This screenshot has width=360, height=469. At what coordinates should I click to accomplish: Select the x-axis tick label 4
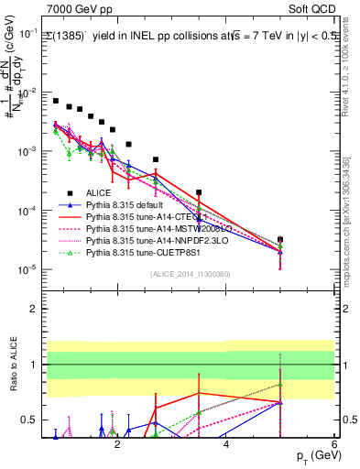(226, 445)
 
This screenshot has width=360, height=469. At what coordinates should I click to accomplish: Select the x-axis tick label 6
(334, 445)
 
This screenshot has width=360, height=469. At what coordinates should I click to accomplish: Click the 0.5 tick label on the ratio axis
(29, 420)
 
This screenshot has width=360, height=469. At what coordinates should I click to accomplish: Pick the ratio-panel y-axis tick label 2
(34, 309)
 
